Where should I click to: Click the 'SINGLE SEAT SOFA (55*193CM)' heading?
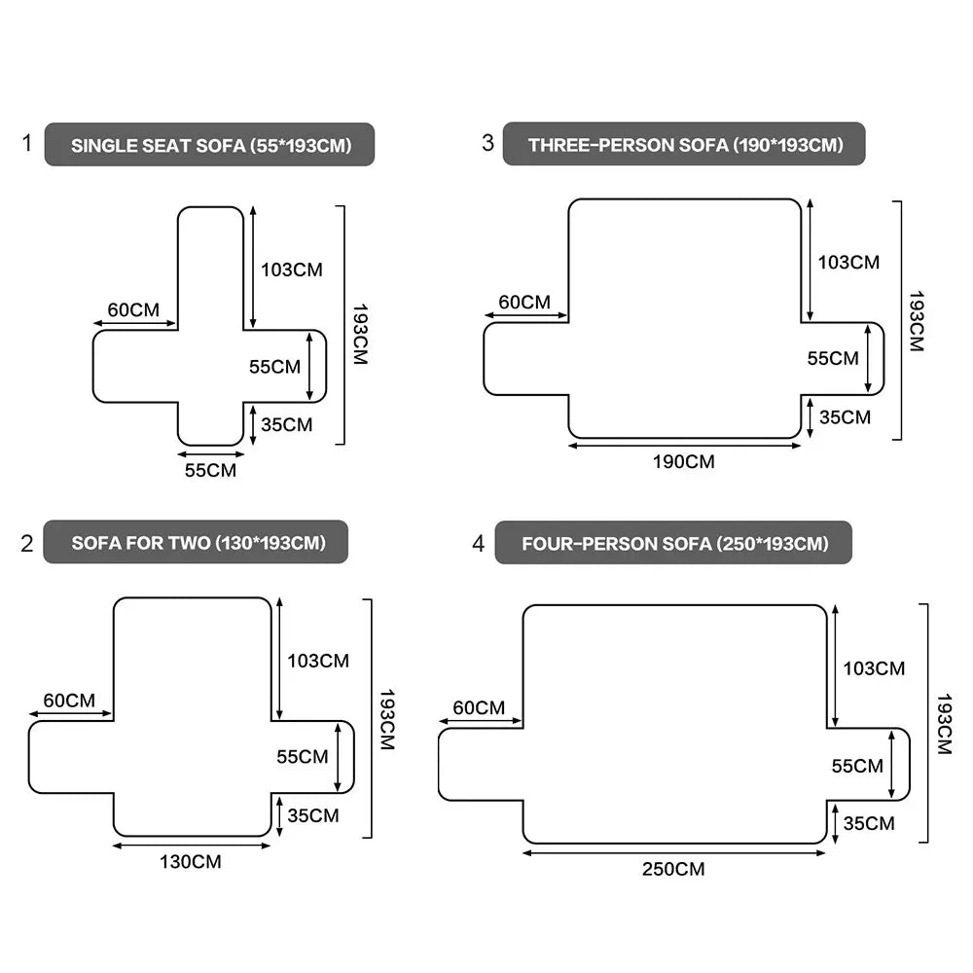(x=211, y=146)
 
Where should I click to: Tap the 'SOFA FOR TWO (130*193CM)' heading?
(x=198, y=543)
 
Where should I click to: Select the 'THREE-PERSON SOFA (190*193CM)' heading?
(x=686, y=145)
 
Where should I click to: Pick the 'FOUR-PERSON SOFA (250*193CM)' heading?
(x=675, y=544)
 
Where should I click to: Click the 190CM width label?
(x=684, y=461)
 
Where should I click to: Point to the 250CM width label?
(x=673, y=869)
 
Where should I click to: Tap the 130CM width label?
(x=191, y=861)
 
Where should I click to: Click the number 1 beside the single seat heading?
(x=26, y=143)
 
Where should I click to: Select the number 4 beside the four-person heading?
(x=478, y=544)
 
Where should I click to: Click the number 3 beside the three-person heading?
(x=487, y=143)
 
